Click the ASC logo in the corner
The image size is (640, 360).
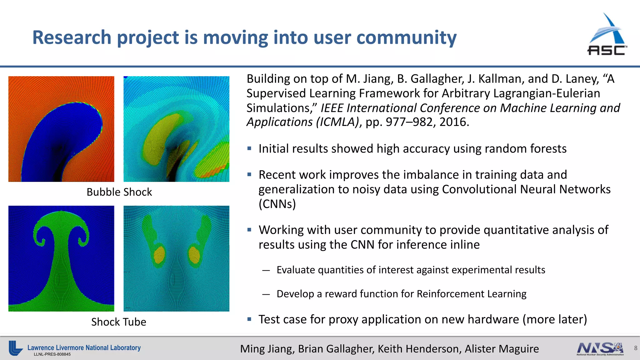click(x=607, y=35)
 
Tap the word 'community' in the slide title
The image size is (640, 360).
click(x=406, y=37)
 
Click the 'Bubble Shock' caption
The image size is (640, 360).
click(x=119, y=192)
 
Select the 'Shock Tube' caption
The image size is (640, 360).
click(x=118, y=322)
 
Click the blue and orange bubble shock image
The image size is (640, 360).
click(x=61, y=129)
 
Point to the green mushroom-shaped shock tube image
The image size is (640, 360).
click(x=61, y=258)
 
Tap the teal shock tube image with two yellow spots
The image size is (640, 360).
click(x=176, y=258)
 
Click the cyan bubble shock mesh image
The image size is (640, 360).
click(x=176, y=129)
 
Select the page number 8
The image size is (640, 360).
click(x=635, y=348)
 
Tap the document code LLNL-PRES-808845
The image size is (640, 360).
click(x=52, y=354)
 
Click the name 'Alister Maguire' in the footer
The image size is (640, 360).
click(x=502, y=349)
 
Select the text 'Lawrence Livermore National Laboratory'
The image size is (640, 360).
click(x=84, y=347)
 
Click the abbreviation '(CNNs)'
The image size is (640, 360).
click(x=277, y=204)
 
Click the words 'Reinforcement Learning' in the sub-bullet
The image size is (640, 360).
click(x=471, y=294)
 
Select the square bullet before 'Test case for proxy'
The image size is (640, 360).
click(x=249, y=319)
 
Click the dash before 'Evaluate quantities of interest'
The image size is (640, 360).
click(x=266, y=270)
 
